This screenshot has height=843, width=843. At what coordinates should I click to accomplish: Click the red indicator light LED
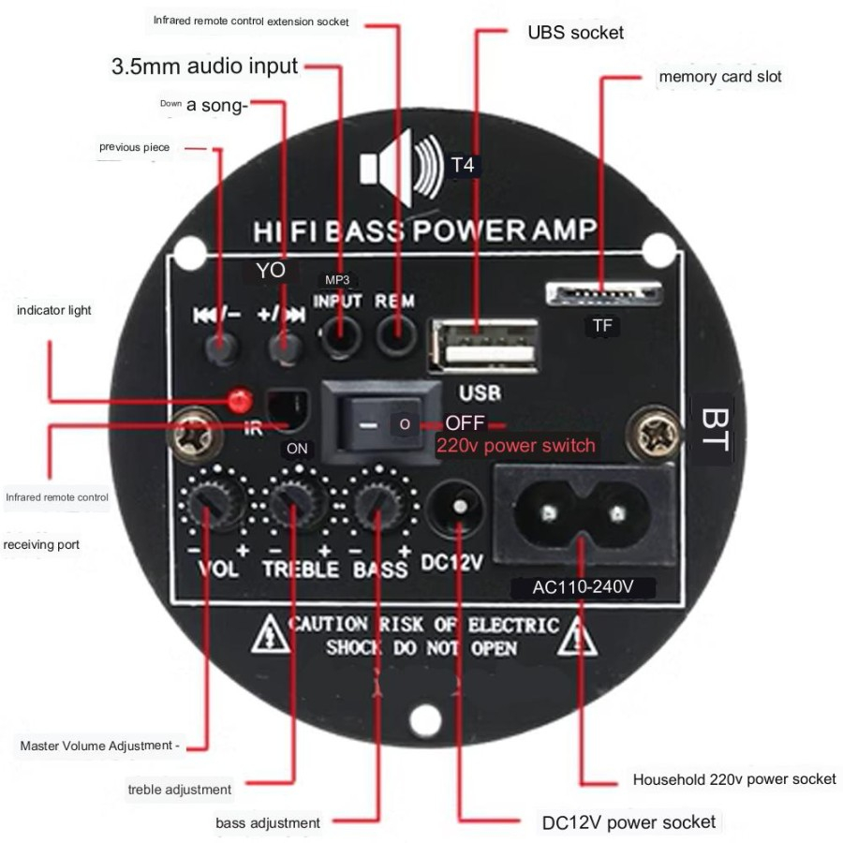click(x=239, y=402)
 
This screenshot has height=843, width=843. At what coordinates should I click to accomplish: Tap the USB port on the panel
click(x=483, y=347)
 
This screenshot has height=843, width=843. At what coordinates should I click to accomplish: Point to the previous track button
click(x=221, y=348)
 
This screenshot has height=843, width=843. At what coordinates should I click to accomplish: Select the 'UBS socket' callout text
click(x=575, y=33)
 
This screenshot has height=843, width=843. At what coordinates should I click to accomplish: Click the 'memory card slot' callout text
click(x=719, y=76)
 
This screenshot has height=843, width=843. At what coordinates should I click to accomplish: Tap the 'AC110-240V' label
click(x=583, y=588)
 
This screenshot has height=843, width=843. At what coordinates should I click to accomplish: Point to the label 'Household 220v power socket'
click(x=734, y=778)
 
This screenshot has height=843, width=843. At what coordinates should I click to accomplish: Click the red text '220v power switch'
click(x=516, y=445)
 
